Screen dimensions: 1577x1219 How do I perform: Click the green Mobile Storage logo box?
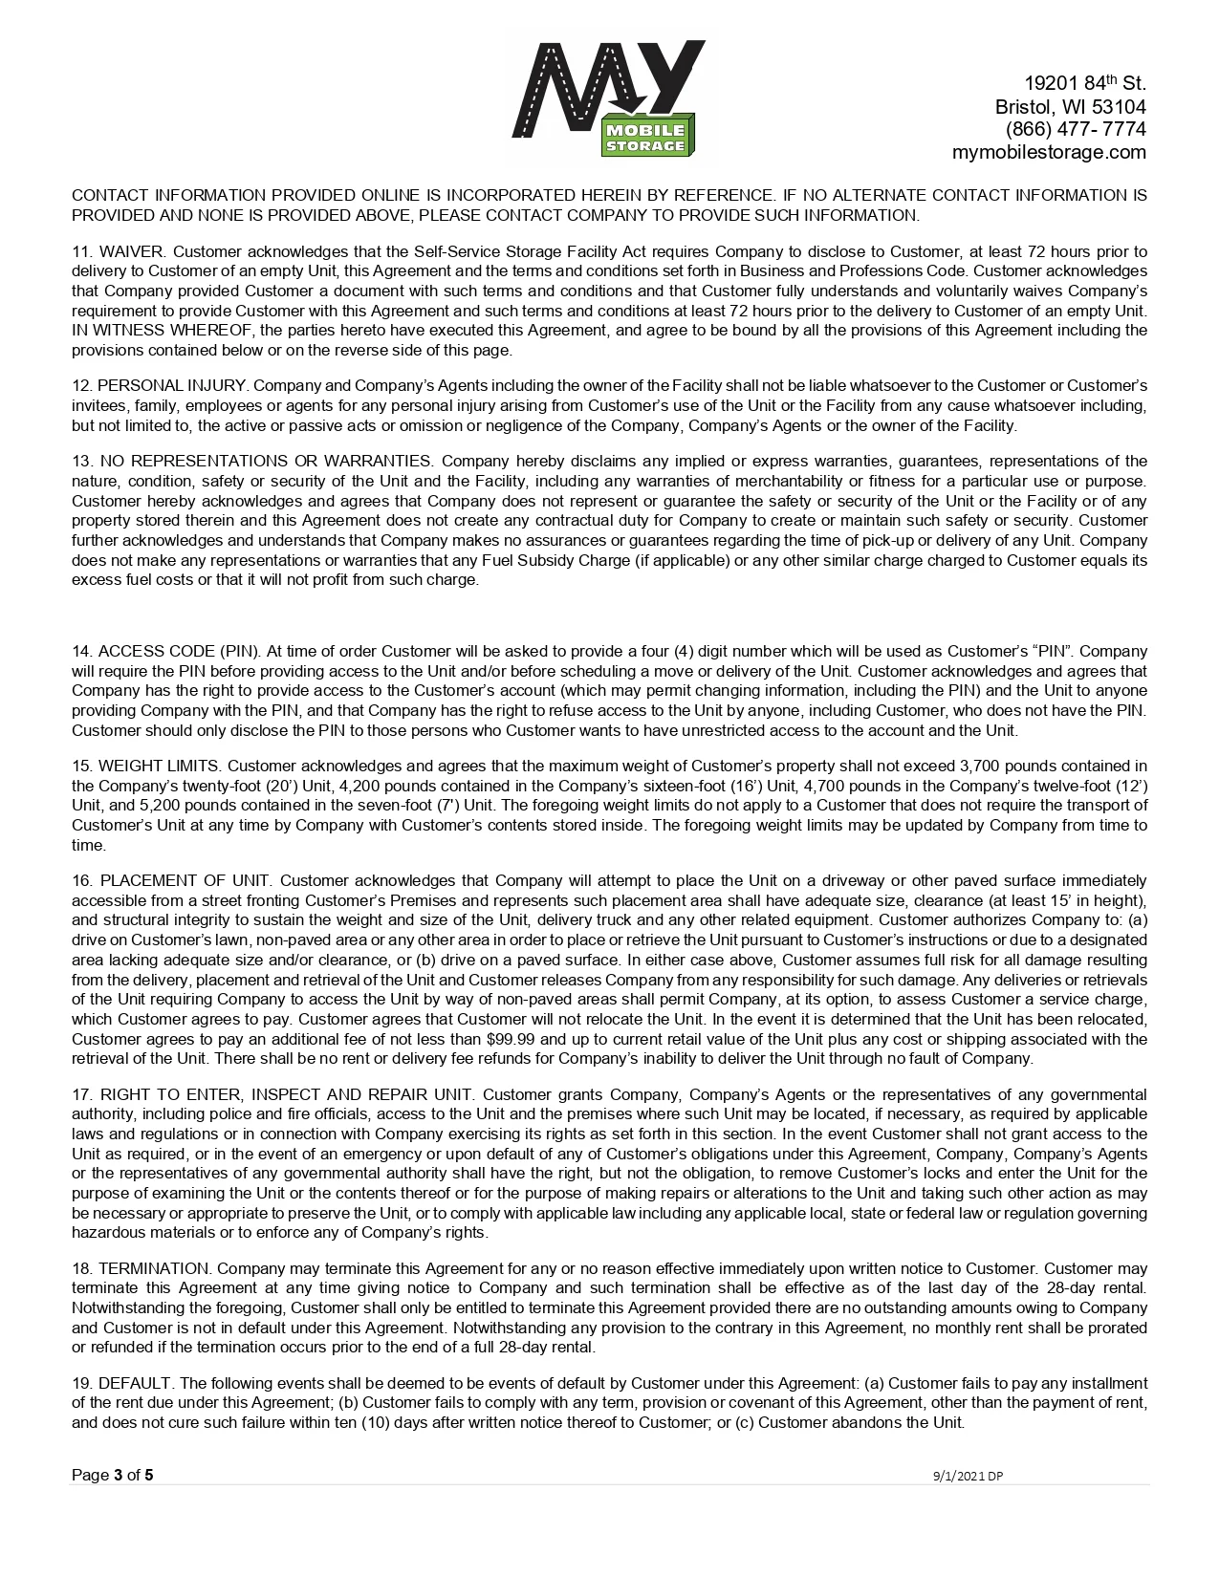644,138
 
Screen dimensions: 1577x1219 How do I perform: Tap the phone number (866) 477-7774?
1075,129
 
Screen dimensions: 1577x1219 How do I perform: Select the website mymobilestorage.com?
1048,152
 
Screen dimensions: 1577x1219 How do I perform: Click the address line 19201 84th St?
1084,83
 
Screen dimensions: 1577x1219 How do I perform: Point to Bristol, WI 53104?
1070,106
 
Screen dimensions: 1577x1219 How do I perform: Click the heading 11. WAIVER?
120,252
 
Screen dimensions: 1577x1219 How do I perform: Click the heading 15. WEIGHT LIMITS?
146,766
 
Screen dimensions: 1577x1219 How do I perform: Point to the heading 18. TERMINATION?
142,1268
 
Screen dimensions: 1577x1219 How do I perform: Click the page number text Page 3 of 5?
112,1475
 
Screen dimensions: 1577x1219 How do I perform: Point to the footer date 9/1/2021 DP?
968,1476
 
